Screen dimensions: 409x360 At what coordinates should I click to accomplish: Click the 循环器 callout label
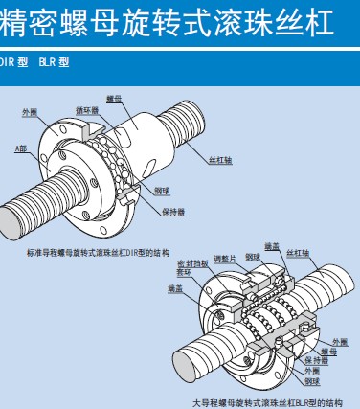pos(87,109)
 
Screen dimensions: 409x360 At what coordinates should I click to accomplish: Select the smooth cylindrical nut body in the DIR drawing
pos(152,124)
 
